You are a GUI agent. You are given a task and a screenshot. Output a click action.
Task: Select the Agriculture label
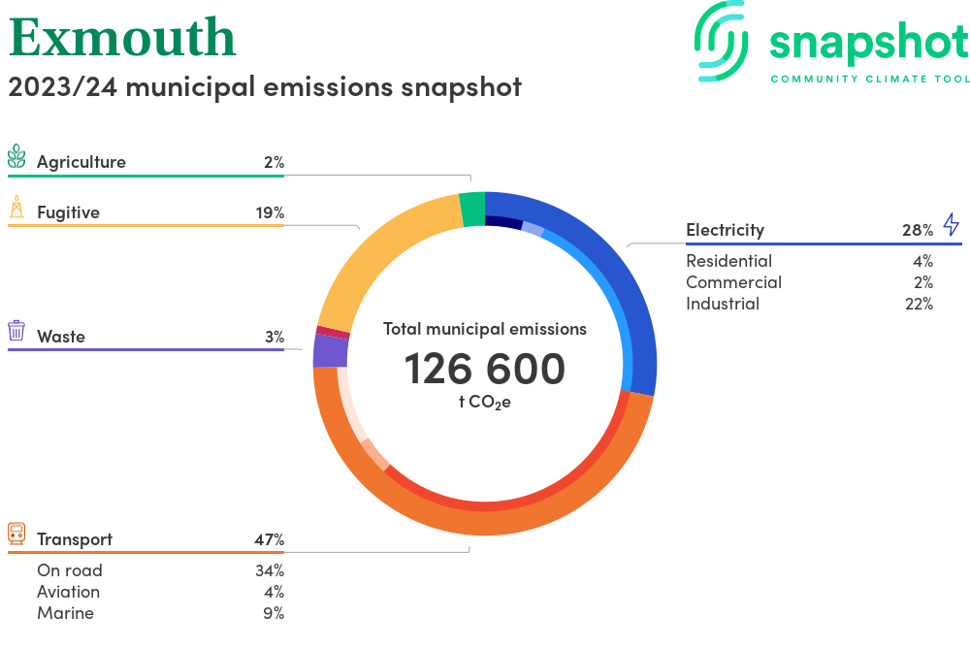coord(81,162)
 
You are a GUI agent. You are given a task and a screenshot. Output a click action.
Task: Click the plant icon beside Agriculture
coord(16,157)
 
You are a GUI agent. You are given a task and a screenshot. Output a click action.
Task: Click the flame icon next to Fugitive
coord(16,207)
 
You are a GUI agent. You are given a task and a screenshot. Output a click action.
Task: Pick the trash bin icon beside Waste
coord(16,331)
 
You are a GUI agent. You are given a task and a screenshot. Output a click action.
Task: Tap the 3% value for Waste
coord(274,337)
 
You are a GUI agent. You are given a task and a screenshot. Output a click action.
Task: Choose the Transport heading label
coord(75,539)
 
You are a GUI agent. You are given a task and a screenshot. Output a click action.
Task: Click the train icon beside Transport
coord(16,533)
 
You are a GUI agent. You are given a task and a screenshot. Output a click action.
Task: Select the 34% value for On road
coord(270,570)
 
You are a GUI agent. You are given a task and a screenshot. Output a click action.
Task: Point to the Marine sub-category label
coord(65,613)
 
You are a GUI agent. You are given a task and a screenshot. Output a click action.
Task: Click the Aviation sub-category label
coord(68,592)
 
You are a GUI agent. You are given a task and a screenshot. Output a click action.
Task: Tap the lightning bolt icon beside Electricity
coord(951,225)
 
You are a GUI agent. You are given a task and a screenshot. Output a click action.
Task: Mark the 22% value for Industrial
coord(918,304)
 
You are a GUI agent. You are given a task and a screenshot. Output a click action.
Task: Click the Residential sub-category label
coord(728,261)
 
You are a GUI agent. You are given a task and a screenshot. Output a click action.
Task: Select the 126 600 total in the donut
coord(485,370)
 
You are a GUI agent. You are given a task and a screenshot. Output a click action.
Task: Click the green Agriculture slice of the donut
coord(472,208)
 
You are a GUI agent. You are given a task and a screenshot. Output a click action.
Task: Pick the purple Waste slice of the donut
coord(330,350)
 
